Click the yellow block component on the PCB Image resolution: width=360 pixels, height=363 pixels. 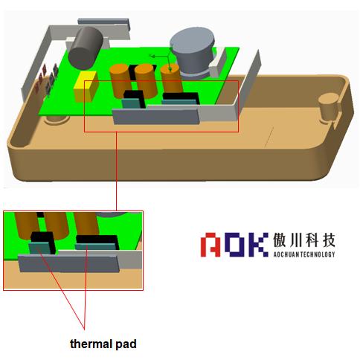86,86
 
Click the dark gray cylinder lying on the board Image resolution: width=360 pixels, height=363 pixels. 86,48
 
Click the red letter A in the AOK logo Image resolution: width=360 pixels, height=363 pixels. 210,245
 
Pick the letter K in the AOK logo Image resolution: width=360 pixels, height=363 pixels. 257,245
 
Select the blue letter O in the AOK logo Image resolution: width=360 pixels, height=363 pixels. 235,245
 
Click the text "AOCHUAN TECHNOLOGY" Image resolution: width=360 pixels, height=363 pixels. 304,254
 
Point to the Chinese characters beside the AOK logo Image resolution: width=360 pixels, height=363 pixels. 304,240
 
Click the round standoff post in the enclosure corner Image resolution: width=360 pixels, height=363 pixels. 328,109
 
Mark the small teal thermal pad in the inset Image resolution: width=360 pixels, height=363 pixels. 40,248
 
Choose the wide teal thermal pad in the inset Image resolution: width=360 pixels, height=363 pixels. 94,246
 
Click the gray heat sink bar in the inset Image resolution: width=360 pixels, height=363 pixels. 68,263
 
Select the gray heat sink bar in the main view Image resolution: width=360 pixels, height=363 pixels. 156,116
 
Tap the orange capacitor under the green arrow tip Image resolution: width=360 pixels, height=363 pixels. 172,79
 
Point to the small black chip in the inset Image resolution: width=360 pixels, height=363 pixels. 44,240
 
